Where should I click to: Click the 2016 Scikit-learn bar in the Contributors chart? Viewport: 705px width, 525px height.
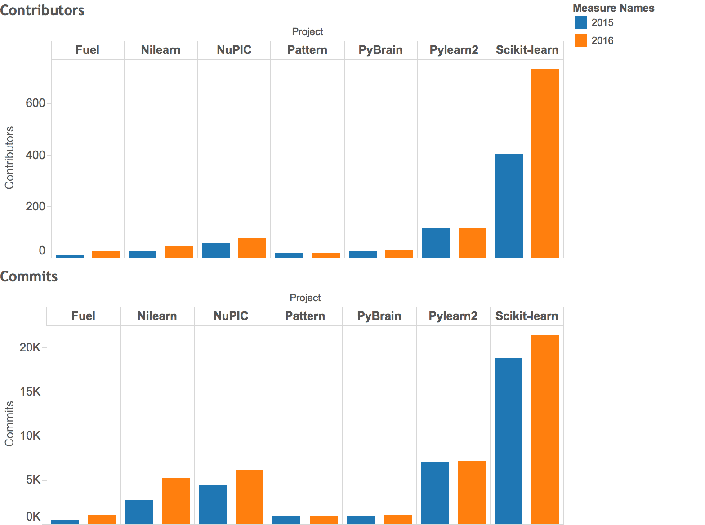coord(545,163)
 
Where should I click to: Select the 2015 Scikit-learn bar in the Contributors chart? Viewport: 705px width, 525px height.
coord(509,205)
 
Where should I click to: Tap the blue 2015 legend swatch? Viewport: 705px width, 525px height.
coord(581,22)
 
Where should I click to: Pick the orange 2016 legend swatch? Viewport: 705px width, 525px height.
coord(581,40)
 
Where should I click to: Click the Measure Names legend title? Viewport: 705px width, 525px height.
coord(613,8)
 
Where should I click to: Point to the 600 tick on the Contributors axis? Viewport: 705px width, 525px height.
coord(35,103)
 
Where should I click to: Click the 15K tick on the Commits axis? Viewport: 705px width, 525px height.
coord(30,392)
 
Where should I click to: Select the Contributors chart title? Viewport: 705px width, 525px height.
coord(42,10)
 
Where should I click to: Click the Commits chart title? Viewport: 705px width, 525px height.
coord(29,276)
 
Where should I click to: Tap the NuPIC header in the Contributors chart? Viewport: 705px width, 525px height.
coord(234,50)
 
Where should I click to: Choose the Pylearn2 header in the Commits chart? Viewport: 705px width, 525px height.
coord(453,316)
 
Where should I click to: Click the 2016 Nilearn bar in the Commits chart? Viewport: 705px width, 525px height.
coord(176,501)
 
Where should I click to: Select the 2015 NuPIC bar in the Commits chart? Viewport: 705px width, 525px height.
coord(213,504)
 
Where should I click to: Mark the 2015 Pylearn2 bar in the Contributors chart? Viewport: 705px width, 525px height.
coord(436,243)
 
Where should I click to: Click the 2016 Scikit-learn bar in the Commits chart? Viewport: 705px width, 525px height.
coord(545,429)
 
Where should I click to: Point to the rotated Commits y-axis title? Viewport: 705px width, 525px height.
coord(9,423)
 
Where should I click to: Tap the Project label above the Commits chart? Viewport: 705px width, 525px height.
coord(305,298)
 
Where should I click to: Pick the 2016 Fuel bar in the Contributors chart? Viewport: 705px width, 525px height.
coord(106,254)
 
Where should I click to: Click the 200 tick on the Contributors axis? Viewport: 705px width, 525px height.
coord(35,207)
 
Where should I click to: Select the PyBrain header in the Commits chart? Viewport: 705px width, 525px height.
coord(379,316)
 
